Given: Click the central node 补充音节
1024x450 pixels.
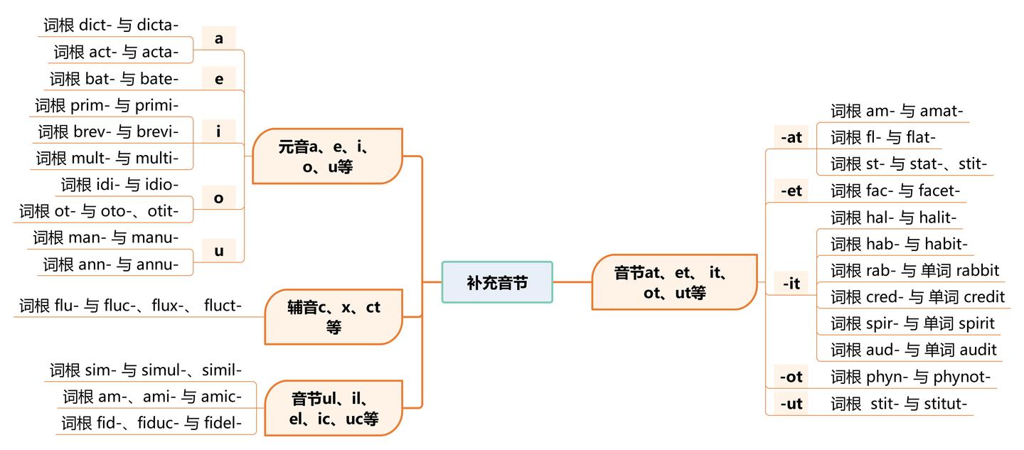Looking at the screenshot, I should [x=497, y=282].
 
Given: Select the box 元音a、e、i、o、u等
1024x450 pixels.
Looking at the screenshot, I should [x=327, y=156].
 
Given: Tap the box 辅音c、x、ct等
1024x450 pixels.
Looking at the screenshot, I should [x=333, y=317].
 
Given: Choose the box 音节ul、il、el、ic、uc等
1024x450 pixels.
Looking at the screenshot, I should [x=333, y=408].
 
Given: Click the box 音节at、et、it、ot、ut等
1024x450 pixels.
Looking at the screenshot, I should [x=673, y=282].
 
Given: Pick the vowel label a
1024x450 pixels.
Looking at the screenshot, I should [x=218, y=38].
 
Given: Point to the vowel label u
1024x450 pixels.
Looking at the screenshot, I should [x=218, y=250].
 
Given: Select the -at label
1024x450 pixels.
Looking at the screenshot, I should [x=791, y=137].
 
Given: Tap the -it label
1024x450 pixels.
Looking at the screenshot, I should [x=791, y=284].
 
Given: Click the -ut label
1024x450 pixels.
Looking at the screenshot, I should [x=791, y=404].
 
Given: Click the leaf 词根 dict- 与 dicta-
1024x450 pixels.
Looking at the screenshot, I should [x=111, y=25].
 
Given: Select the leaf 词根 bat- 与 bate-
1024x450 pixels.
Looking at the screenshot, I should [x=114, y=78].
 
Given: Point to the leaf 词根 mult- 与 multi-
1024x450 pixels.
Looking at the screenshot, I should [x=107, y=158].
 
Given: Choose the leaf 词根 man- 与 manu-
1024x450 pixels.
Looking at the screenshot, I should [x=105, y=237].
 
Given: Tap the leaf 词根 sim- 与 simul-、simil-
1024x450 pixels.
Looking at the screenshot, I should [x=146, y=370].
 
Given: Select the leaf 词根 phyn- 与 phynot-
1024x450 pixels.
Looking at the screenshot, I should [x=910, y=377].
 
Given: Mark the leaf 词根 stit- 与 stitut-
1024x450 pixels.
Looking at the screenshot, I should [x=899, y=404].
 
